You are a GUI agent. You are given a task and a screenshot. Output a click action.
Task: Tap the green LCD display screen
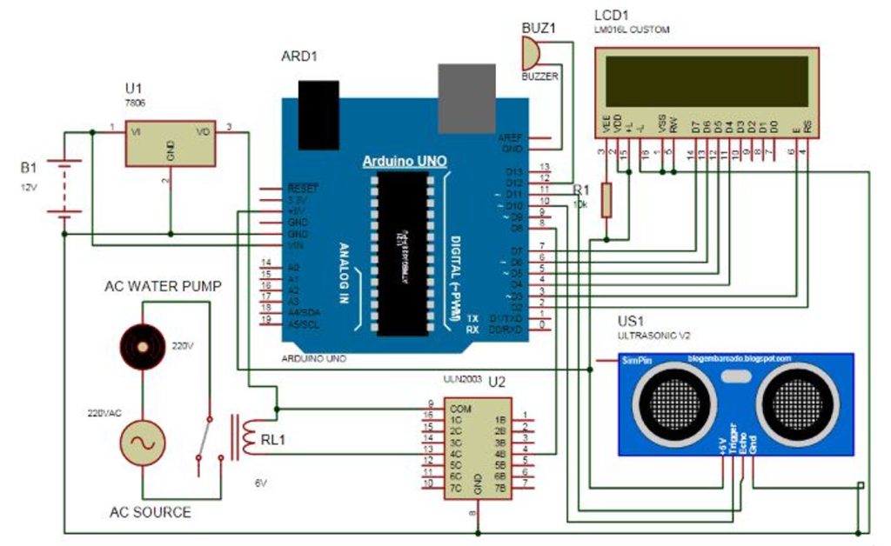click(x=705, y=80)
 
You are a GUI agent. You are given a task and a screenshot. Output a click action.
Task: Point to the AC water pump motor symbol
click(x=142, y=345)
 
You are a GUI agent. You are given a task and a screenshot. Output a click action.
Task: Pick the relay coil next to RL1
click(x=247, y=436)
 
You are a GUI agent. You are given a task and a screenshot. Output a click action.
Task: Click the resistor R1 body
click(x=606, y=200)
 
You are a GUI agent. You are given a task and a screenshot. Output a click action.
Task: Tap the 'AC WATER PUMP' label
click(x=164, y=286)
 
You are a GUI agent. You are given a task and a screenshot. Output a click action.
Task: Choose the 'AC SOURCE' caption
click(x=150, y=512)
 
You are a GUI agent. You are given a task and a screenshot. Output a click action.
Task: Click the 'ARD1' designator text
click(x=299, y=57)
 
